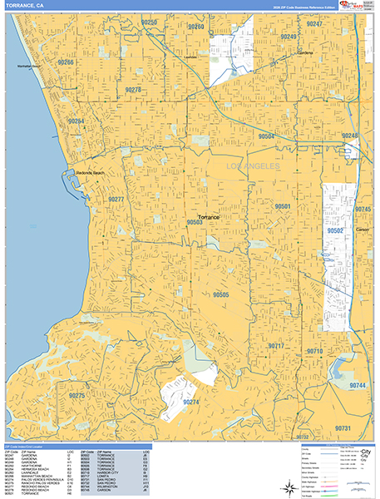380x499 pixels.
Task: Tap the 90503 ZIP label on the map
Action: (x=195, y=222)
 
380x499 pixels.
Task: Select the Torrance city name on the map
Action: (x=209, y=216)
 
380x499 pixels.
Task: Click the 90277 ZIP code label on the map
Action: (x=116, y=200)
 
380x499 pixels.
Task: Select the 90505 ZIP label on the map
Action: (x=220, y=294)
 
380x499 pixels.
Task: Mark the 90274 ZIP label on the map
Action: (x=191, y=402)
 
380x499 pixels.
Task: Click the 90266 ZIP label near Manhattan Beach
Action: (x=66, y=62)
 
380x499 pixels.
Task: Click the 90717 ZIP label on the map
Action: (x=276, y=345)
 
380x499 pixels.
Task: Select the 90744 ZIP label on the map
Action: (x=358, y=386)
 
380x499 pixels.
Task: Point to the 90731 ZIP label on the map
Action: (x=343, y=427)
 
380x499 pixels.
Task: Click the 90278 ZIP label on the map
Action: (x=133, y=88)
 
